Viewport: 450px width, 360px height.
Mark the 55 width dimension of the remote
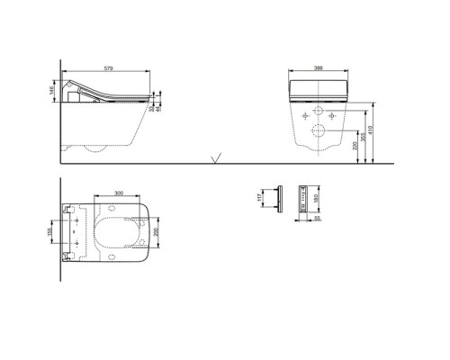pyautogui.click(x=304, y=217)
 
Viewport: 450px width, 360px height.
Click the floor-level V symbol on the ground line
pyautogui.click(x=214, y=160)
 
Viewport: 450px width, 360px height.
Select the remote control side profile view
pyautogui.click(x=278, y=197)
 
